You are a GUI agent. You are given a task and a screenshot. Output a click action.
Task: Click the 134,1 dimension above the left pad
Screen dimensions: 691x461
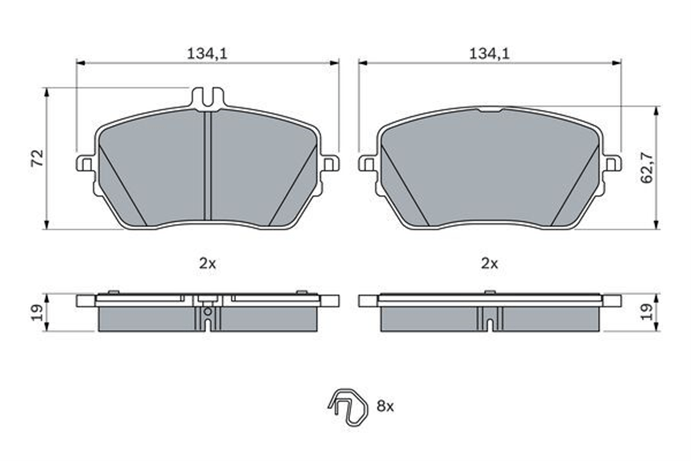(207, 54)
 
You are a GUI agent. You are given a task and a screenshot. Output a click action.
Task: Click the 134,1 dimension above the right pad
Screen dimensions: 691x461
(489, 54)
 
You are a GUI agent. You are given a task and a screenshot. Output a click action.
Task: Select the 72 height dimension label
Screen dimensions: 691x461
(38, 158)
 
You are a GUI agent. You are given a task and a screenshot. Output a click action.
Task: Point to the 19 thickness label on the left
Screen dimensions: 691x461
(38, 313)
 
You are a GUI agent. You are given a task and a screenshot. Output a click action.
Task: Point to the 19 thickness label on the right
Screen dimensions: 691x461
(646, 312)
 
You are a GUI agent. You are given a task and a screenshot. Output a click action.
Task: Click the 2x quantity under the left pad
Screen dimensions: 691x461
(207, 264)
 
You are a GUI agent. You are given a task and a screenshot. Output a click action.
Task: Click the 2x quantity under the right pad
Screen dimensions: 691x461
(490, 264)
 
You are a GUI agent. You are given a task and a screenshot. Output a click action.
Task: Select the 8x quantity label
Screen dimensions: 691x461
(385, 406)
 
